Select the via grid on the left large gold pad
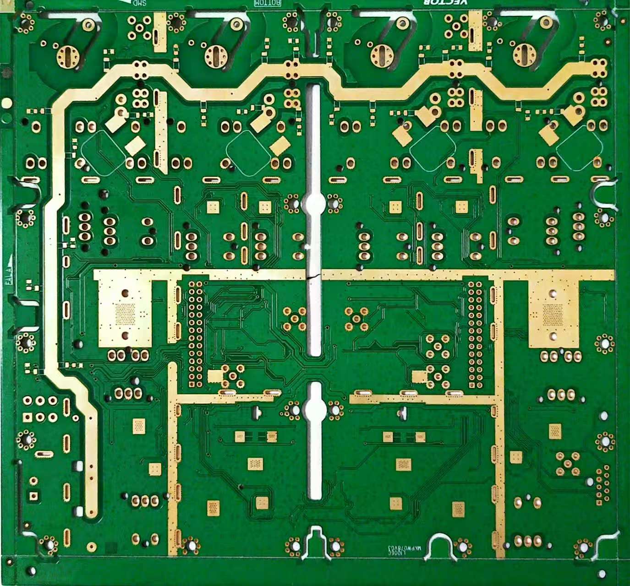point(125,313)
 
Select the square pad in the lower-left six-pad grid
point(27,417)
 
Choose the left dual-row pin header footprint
point(196,334)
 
